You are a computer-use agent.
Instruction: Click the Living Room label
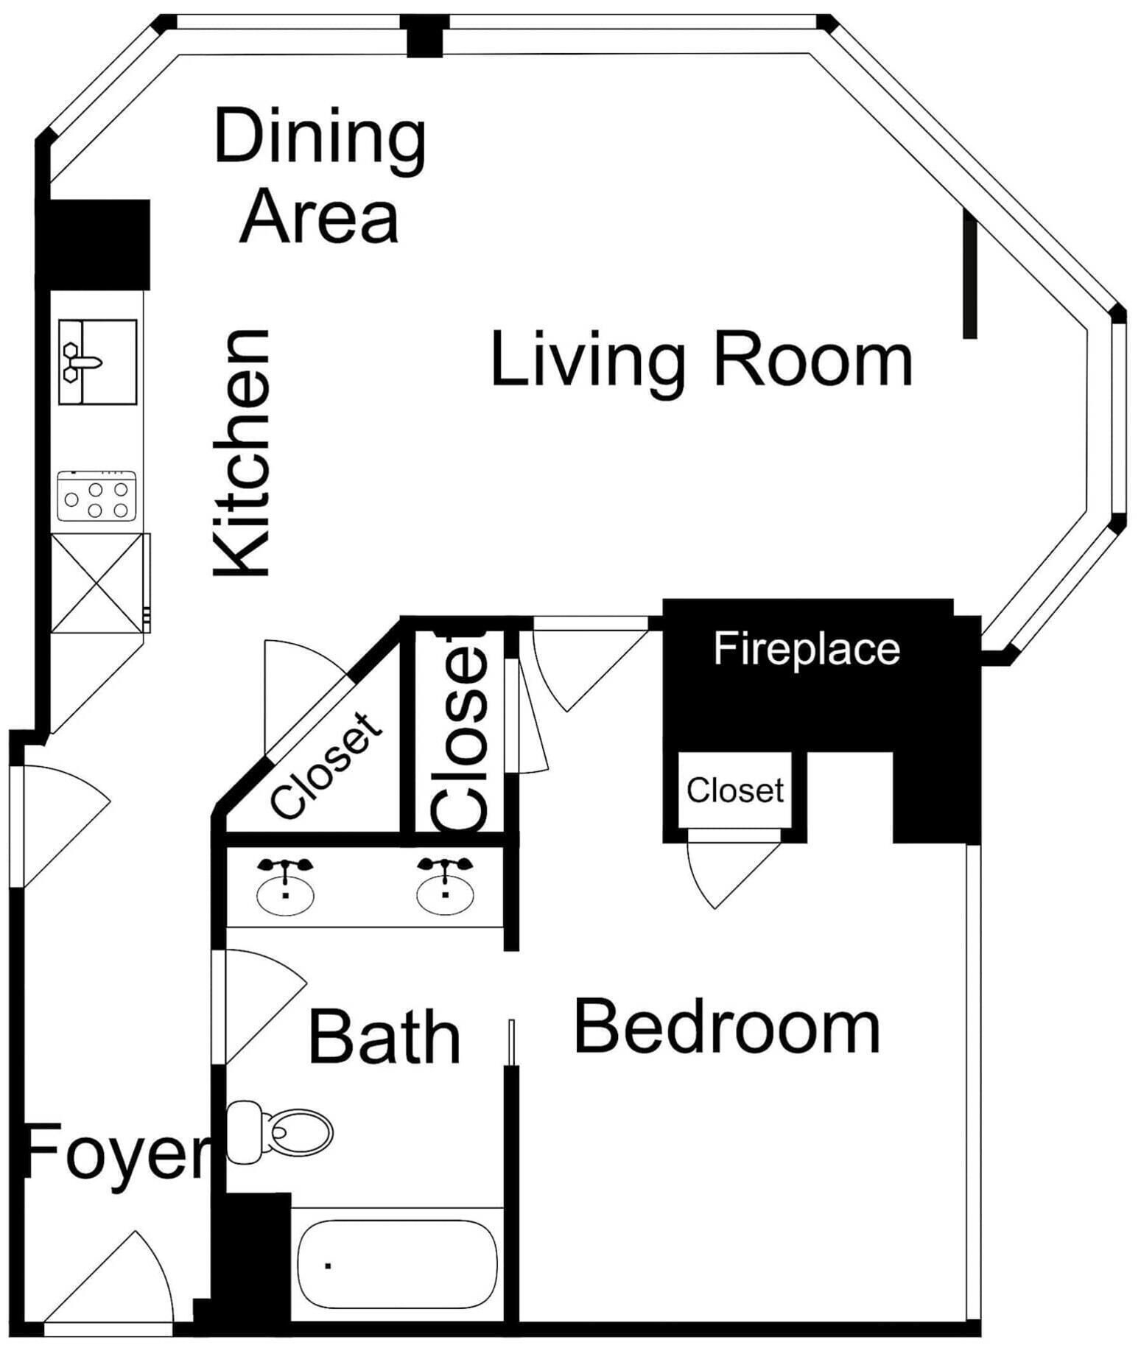701,360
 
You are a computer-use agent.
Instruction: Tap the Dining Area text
320,175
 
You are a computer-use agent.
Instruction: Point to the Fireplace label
807,649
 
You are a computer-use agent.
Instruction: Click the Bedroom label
727,1026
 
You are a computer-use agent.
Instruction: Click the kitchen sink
98,362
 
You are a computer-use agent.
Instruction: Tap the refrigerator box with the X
97,583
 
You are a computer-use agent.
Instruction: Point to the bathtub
396,1264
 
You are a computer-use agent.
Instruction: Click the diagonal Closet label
327,765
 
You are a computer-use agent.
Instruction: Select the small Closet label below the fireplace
735,790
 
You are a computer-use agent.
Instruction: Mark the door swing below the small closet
733,874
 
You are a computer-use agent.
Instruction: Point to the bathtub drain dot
328,1266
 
